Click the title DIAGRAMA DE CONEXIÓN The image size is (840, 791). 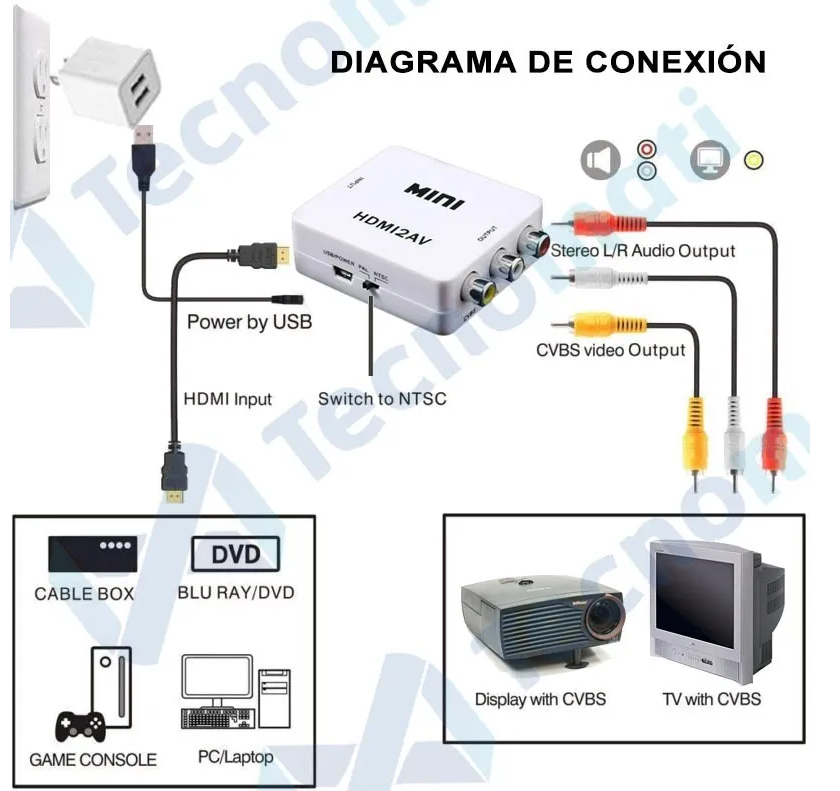coord(548,62)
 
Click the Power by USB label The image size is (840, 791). coord(249,322)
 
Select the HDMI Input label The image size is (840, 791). coord(227,399)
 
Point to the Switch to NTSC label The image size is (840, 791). coord(382,399)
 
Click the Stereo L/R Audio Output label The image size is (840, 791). coord(643,251)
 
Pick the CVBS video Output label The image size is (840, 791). coord(611,350)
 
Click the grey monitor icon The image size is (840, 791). coord(711,160)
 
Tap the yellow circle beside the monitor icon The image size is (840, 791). coord(755,159)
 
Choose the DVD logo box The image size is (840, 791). coord(235,554)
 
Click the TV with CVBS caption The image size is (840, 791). coord(711,698)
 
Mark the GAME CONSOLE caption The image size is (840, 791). coord(93,759)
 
